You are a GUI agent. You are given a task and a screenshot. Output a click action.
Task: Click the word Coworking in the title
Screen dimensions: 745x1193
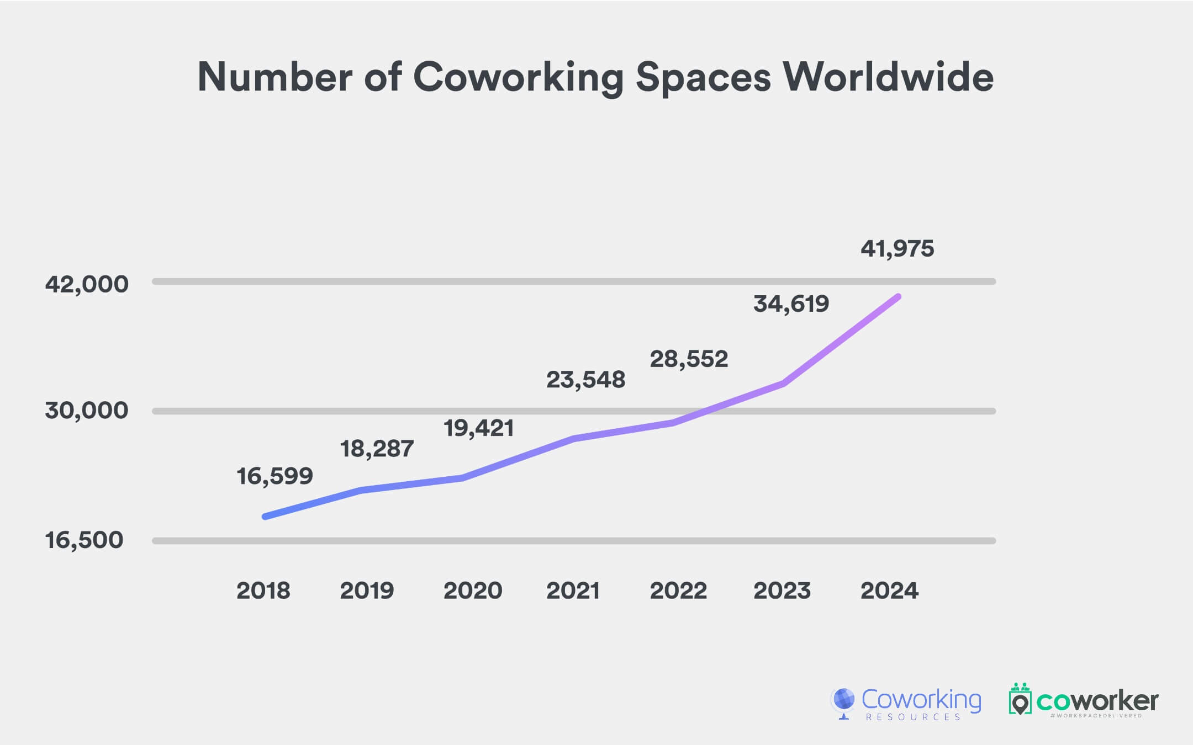point(518,77)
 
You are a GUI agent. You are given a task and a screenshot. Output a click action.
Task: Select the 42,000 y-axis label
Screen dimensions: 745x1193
point(87,284)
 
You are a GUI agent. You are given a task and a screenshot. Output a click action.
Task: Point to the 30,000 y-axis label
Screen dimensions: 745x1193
point(87,411)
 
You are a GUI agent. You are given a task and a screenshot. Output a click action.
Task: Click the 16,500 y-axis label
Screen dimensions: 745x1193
point(84,540)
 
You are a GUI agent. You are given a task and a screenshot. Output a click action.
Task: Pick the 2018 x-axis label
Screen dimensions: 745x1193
point(263,591)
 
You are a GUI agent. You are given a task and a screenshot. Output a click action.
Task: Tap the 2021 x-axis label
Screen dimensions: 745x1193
point(573,591)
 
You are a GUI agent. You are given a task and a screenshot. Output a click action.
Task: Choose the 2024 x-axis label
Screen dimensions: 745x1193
point(889,591)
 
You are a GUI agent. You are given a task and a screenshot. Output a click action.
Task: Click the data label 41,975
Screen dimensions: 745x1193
point(897,249)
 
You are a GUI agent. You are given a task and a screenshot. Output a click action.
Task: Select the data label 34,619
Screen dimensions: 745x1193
point(791,304)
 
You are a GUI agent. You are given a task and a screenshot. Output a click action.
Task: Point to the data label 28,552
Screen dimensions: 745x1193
point(689,359)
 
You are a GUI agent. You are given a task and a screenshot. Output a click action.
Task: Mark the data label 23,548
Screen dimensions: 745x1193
point(585,380)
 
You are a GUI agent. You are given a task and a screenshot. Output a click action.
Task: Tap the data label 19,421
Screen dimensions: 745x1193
point(479,428)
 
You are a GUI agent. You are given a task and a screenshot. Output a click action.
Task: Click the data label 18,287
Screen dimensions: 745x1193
point(377,449)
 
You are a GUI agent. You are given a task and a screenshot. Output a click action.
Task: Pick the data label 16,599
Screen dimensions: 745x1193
point(275,476)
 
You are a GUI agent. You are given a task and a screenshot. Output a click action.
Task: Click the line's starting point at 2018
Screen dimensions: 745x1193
point(265,517)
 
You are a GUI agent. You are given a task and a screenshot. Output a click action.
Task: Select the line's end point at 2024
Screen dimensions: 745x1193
point(899,297)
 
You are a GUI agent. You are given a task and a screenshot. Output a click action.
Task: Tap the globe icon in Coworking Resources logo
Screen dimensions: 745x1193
point(843,700)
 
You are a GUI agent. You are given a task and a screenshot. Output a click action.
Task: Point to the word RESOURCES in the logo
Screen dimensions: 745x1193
point(914,717)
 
